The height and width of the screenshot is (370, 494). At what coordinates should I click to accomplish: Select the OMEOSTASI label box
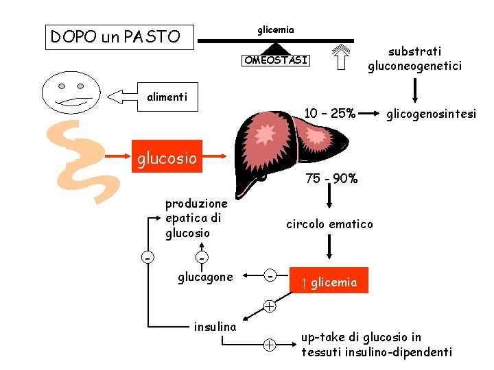pos(277,60)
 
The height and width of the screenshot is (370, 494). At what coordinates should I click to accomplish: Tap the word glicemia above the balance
pos(276,29)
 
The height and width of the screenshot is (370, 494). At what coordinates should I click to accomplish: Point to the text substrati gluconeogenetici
pos(414,59)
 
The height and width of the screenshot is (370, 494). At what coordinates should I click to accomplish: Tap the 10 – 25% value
pos(330,112)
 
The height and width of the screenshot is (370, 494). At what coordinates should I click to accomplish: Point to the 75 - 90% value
pos(331,179)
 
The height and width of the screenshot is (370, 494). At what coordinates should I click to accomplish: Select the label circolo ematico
pos(329,224)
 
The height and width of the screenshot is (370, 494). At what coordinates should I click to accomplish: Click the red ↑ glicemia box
pos(329,281)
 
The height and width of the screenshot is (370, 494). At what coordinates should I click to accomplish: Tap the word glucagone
pos(205,277)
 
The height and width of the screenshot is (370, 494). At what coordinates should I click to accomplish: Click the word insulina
pos(215,326)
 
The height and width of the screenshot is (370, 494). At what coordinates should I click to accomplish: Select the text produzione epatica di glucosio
pos(196,219)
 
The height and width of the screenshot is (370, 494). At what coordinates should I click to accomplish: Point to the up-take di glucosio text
pos(376,345)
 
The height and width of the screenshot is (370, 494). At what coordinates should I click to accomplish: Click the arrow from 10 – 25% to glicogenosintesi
pos(370,112)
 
